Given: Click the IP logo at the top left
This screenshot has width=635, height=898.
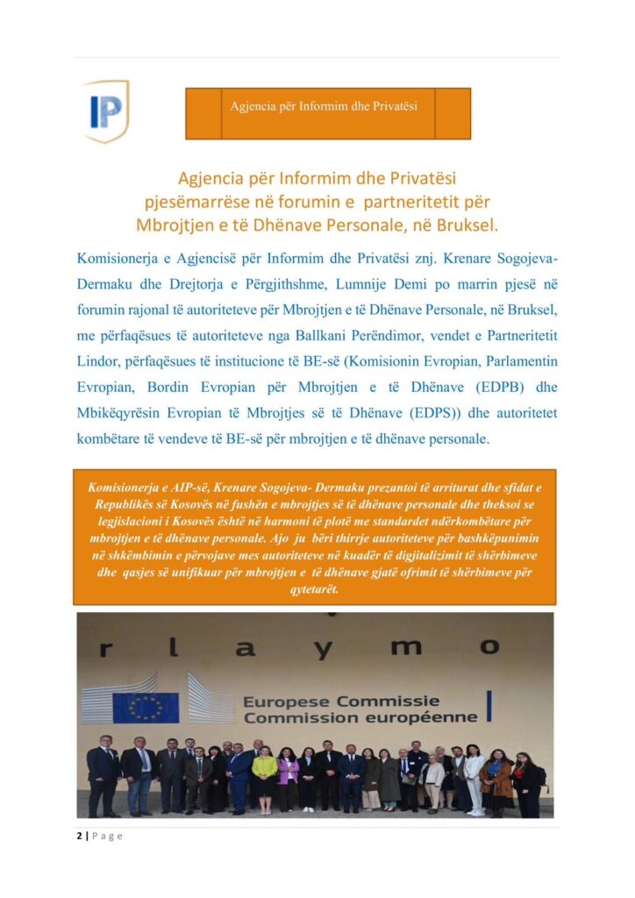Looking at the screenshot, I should click(106, 110).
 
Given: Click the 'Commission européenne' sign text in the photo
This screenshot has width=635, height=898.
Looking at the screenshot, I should click(360, 717).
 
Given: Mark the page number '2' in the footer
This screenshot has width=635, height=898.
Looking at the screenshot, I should click(79, 836).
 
